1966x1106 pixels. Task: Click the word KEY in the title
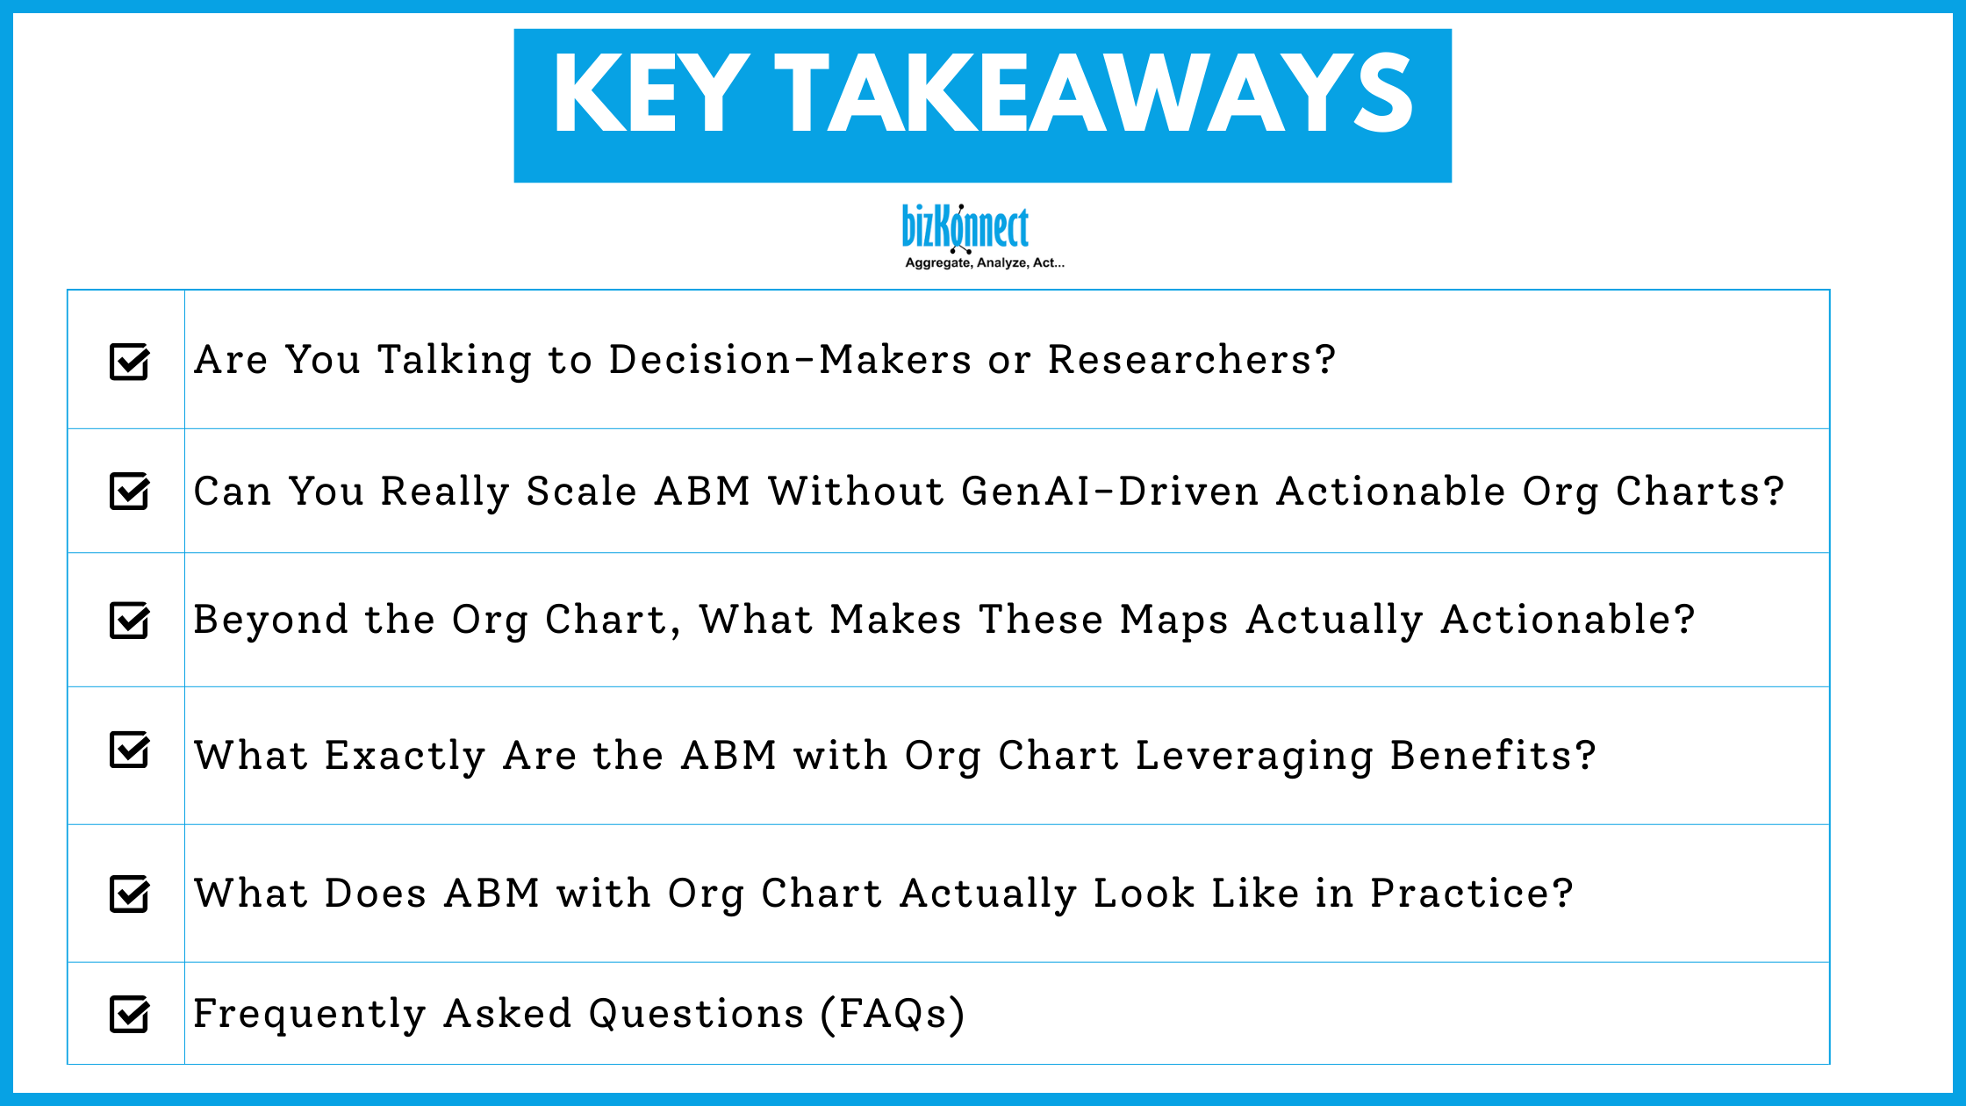[x=650, y=94]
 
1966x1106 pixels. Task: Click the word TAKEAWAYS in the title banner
[x=1094, y=94]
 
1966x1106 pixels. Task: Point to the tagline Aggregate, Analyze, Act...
[x=984, y=262]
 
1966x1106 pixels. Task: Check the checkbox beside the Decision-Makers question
[x=129, y=362]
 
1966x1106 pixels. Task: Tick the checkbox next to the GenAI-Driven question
[x=129, y=491]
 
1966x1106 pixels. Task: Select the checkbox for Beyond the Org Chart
[x=129, y=621]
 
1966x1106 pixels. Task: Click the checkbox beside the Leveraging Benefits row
[x=129, y=750]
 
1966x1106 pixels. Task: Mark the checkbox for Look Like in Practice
[x=129, y=894]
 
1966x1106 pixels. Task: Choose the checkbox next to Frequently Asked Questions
[x=129, y=1015]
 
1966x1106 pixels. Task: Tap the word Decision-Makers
[x=790, y=360]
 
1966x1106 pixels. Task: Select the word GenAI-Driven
[x=1110, y=491]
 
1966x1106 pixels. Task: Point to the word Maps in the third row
[x=1173, y=621]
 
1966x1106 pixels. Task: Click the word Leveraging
[x=1254, y=757]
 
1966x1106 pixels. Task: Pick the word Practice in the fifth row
[x=1471, y=894]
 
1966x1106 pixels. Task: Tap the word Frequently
[x=310, y=1014]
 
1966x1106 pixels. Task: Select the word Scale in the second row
[x=581, y=491]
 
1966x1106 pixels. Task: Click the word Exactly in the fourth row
[x=405, y=757]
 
